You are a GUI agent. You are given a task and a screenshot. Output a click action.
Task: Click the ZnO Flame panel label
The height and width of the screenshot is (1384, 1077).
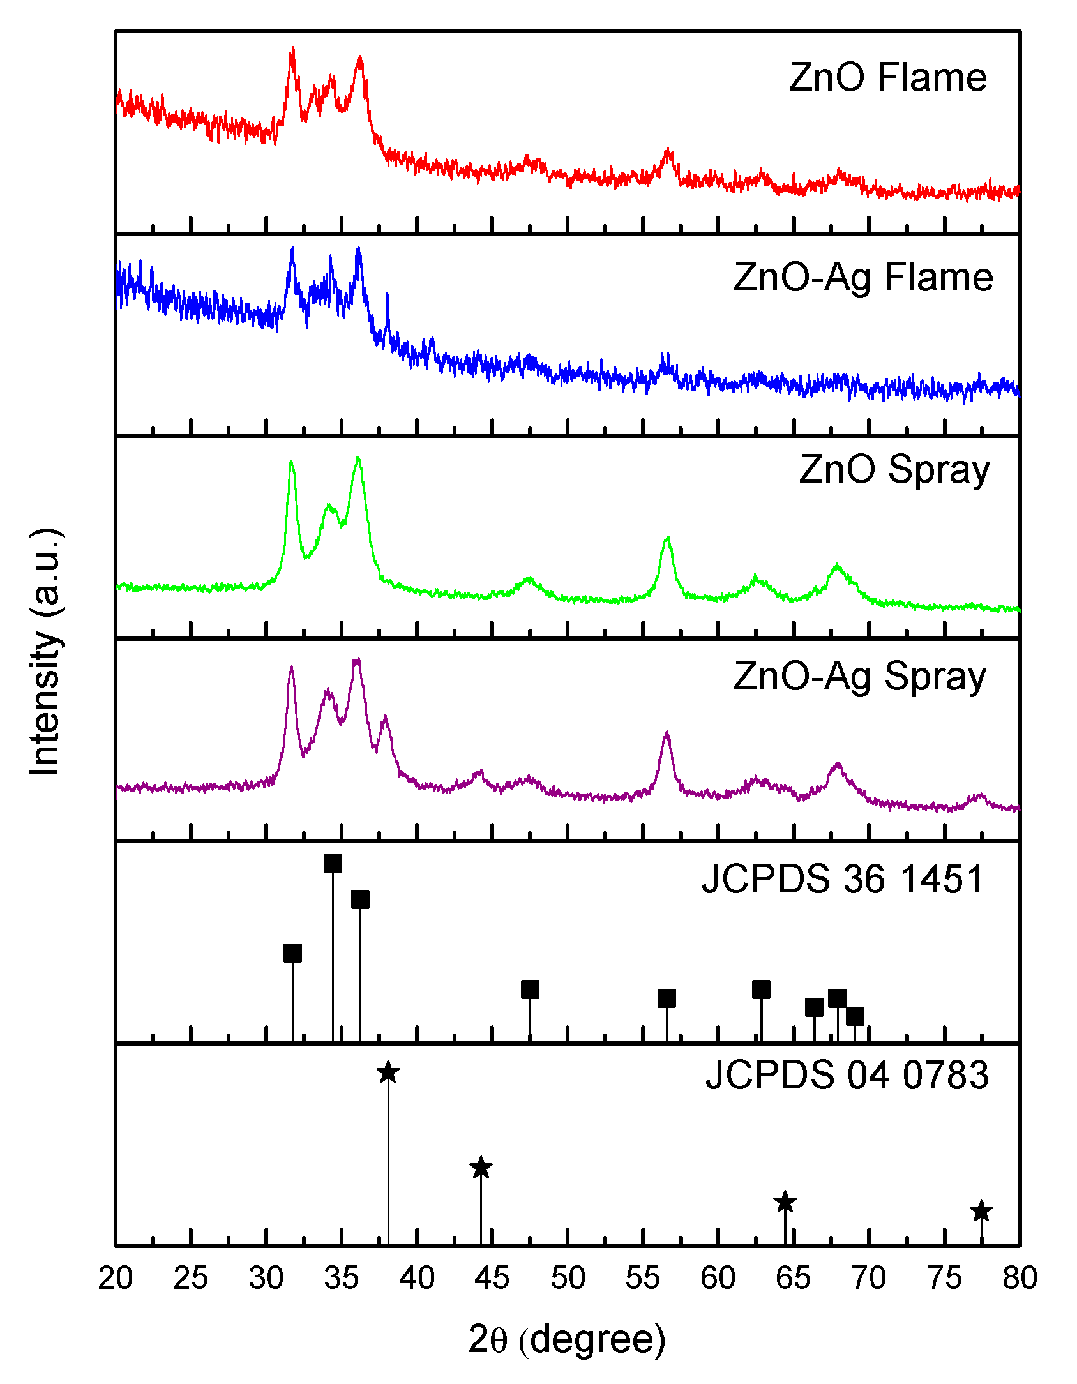pos(887,78)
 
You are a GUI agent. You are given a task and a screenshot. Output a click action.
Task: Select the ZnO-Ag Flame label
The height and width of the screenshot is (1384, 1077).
pos(863,278)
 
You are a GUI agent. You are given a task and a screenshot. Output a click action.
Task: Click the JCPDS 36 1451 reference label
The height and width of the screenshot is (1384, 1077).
pos(843,879)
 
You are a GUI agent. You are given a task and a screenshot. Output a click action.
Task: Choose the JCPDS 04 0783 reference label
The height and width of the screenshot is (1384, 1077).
pos(847,1075)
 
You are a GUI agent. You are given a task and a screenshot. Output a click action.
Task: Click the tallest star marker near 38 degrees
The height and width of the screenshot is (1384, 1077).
pos(388,1072)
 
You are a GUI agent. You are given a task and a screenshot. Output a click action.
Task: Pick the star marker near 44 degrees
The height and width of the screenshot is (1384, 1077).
pos(481,1168)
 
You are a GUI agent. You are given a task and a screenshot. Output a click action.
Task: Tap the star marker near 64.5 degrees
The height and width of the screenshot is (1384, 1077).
pos(785,1202)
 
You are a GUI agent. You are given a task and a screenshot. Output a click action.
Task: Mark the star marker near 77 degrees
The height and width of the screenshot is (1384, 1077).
pos(981,1210)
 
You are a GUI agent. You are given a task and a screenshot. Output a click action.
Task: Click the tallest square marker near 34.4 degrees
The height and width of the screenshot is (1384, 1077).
pos(333,863)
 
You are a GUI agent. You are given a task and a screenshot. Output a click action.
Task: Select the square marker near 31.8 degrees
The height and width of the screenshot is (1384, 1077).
pos(292,953)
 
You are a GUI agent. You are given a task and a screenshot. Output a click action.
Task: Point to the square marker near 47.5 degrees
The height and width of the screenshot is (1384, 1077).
pos(530,989)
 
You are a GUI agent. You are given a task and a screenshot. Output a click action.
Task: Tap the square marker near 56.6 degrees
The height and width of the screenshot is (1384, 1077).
pos(667,998)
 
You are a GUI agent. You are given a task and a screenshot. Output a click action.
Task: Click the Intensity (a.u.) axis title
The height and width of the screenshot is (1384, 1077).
pos(45,651)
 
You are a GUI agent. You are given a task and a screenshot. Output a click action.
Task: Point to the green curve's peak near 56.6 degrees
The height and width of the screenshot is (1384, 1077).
pos(668,538)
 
